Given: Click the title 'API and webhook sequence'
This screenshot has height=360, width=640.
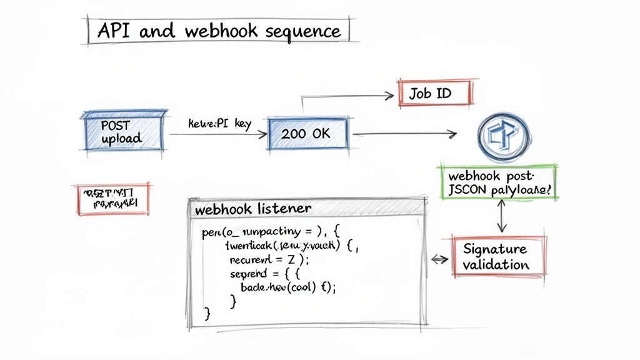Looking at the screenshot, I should click(x=216, y=31).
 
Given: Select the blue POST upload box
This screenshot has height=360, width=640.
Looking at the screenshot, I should click(x=123, y=131).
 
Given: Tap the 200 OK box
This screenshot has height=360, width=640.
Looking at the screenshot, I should click(x=307, y=133).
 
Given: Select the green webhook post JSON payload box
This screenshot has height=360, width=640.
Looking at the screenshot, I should click(x=499, y=182).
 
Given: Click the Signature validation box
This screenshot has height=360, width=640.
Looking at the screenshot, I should click(x=497, y=256).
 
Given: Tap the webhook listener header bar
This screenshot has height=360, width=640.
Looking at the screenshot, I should click(x=305, y=209).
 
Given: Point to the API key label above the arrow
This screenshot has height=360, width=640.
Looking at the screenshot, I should click(x=219, y=124).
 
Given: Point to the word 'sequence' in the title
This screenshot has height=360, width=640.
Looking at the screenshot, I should click(x=302, y=32).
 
